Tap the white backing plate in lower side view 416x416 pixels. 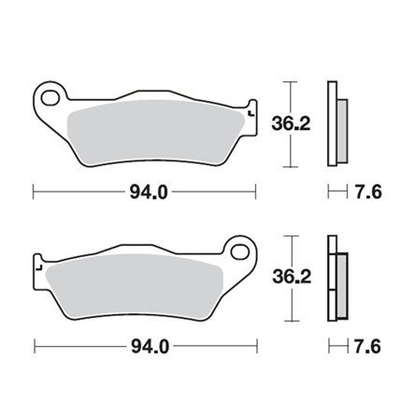point(332,280)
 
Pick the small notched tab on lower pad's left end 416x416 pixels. point(39,269)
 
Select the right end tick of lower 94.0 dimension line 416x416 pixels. point(257,348)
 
